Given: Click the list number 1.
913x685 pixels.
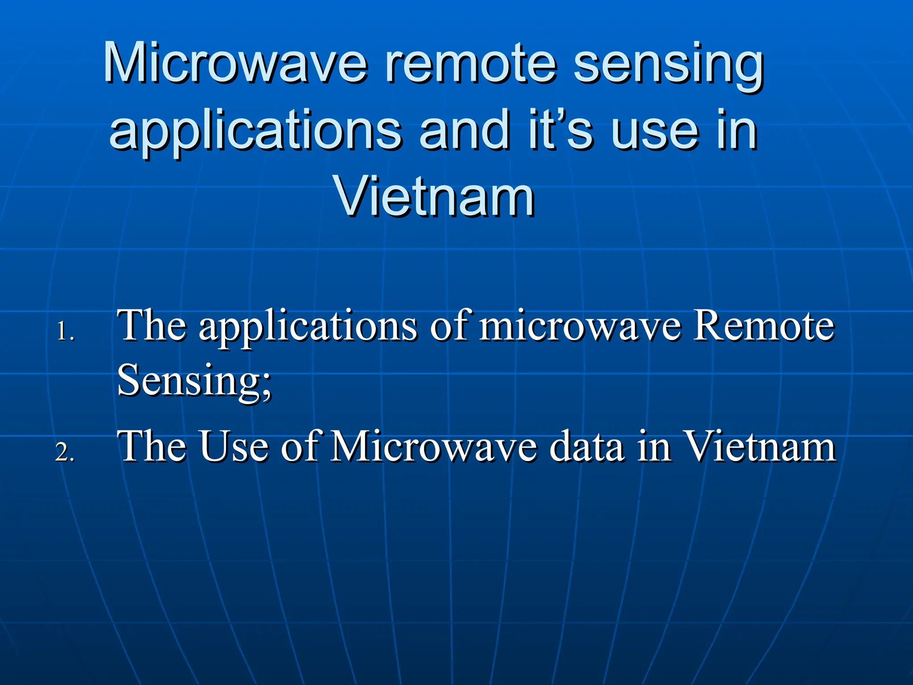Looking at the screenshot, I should pos(65,332).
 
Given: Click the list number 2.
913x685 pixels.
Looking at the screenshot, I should pos(65,452).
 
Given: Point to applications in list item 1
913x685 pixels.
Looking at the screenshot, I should pos(308,328).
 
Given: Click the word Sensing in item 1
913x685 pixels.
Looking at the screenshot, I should pos(194,381).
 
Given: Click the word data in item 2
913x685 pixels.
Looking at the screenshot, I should pos(586,446).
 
